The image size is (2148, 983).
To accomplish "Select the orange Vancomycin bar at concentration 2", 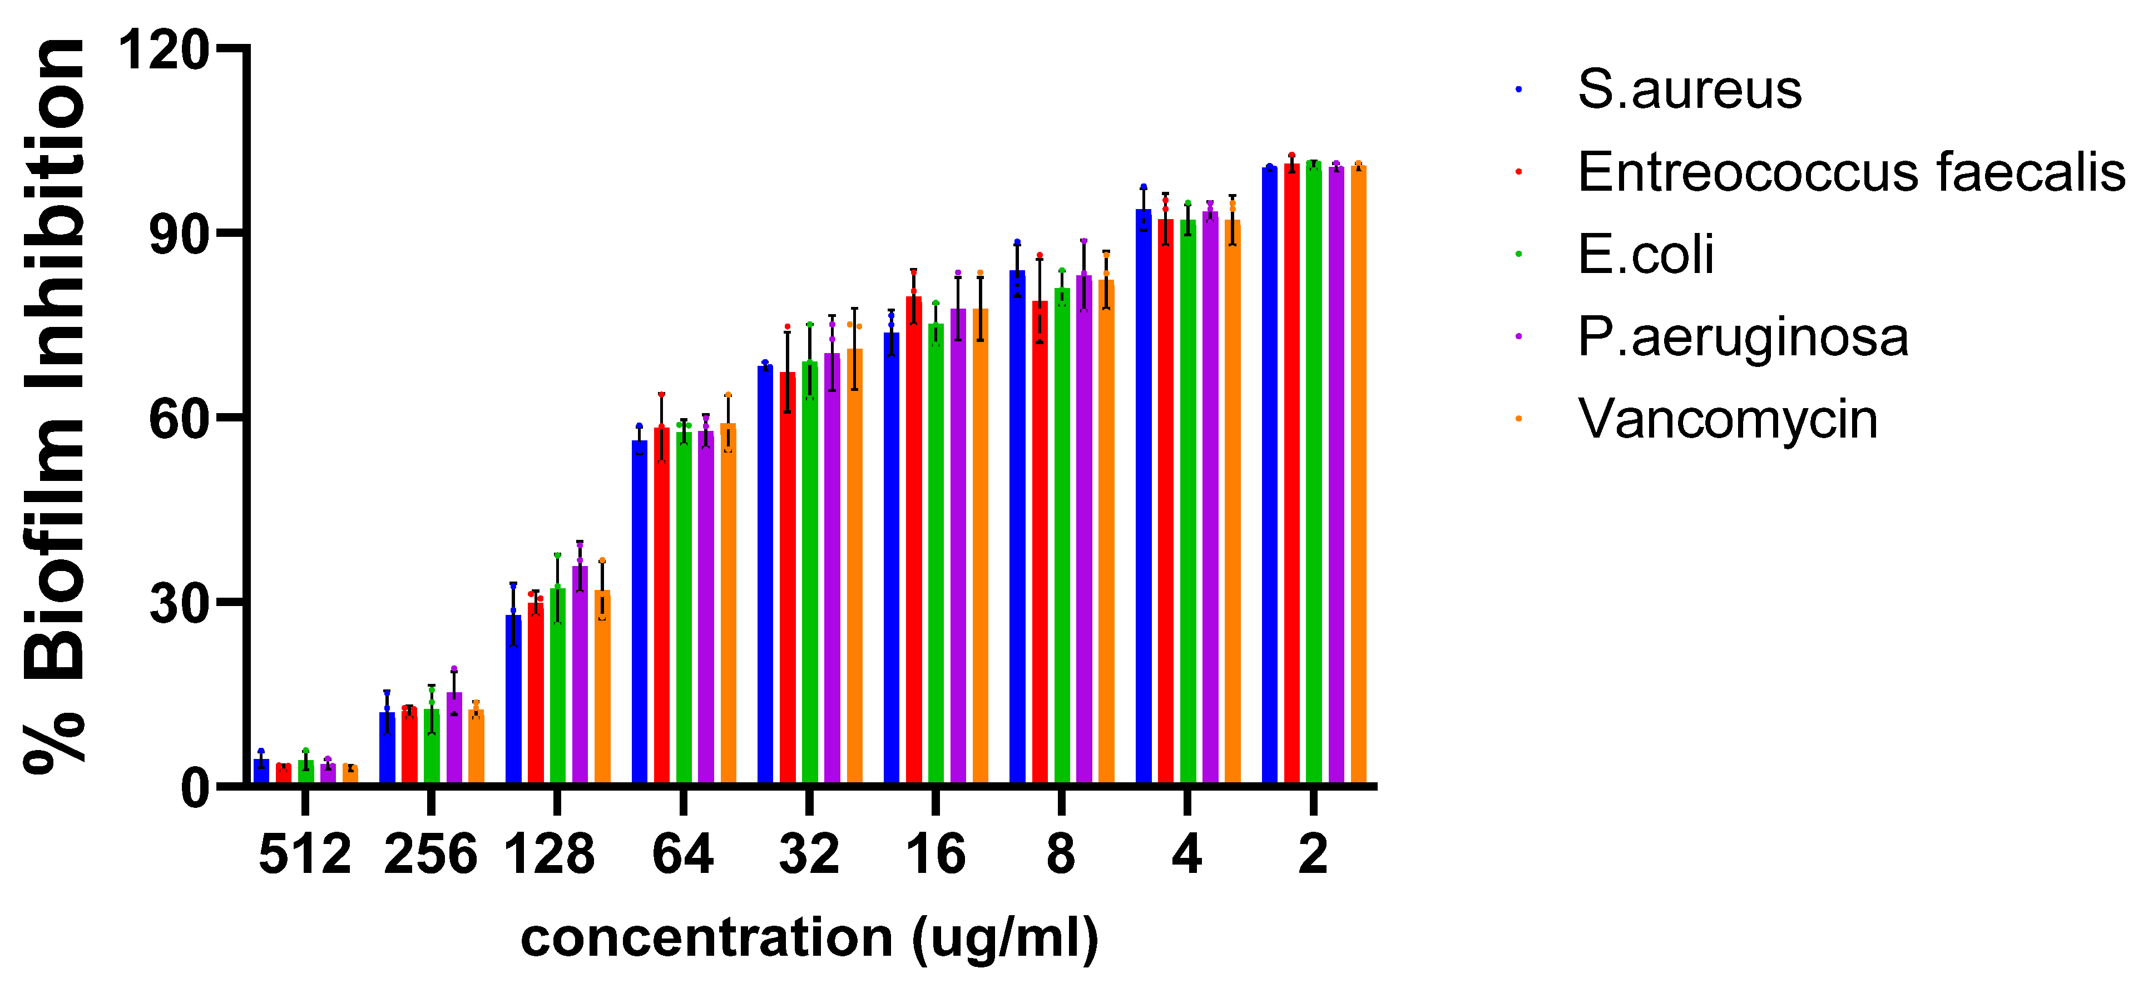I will [x=1358, y=475].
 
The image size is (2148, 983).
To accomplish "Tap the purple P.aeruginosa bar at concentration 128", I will [x=580, y=676].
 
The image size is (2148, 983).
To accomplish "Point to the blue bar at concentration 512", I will [x=261, y=772].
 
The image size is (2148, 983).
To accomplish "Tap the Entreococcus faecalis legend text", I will [x=1851, y=172].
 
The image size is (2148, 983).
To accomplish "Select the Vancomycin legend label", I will [x=1728, y=419].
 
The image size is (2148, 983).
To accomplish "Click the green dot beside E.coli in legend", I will [x=1518, y=254].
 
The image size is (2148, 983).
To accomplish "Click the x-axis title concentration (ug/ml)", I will [x=809, y=938].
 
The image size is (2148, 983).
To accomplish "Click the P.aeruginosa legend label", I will [x=1743, y=337].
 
